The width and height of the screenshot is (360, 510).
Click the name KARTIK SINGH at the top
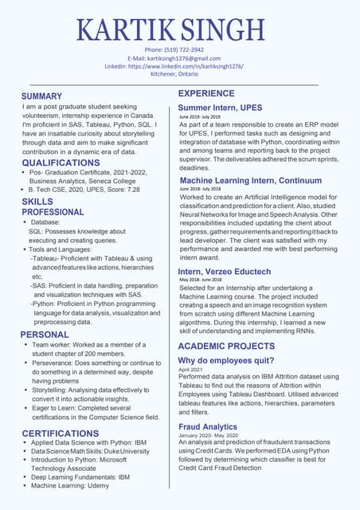point(180,29)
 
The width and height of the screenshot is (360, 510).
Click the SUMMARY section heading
point(47,96)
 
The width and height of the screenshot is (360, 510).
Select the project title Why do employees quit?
point(227,361)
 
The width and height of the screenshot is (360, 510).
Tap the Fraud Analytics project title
point(208,427)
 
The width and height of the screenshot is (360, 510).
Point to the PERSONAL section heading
point(45,335)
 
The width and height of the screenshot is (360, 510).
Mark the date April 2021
point(191,370)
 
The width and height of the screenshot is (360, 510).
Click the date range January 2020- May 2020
point(209,436)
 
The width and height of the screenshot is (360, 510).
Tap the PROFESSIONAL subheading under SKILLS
point(53,213)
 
